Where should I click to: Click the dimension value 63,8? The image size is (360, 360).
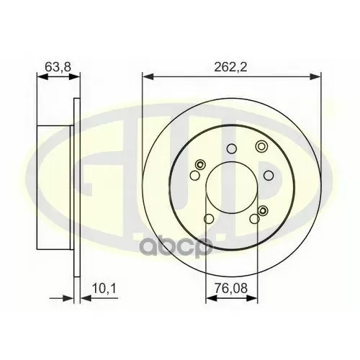click(x=58, y=67)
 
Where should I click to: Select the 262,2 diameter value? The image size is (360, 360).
click(x=230, y=67)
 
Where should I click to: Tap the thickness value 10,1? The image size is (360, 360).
click(x=104, y=289)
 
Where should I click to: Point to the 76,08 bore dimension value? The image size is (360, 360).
click(x=230, y=288)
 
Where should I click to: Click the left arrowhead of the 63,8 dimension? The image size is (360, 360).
click(x=42, y=77)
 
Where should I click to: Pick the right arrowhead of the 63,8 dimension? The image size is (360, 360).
click(x=74, y=77)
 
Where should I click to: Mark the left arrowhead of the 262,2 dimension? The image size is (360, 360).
click(x=148, y=77)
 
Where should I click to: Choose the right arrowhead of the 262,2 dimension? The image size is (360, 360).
click(x=315, y=77)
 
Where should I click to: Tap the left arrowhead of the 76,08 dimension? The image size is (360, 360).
click(x=212, y=298)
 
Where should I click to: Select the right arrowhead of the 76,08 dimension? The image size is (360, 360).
click(x=251, y=298)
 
